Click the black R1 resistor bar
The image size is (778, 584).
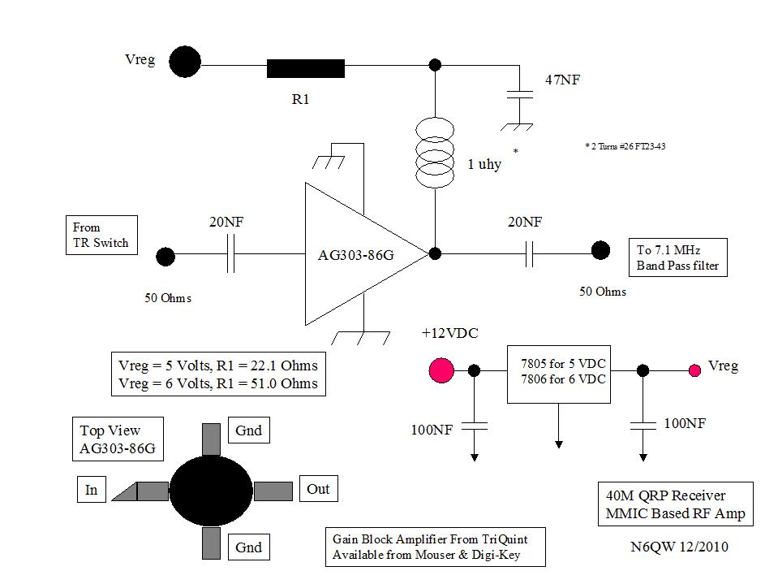pos(306,68)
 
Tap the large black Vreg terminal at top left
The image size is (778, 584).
pos(185,62)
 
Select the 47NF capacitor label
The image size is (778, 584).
pos(563,80)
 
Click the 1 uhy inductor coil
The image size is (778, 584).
pos(435,153)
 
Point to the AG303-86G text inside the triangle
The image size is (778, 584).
pos(356,255)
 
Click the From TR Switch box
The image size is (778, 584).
pos(101,235)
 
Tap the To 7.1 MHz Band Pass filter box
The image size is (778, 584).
pos(677,257)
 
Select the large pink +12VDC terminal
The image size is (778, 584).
pos(441,370)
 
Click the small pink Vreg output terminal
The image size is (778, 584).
pos(694,370)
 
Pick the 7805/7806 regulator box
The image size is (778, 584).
pos(559,374)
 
